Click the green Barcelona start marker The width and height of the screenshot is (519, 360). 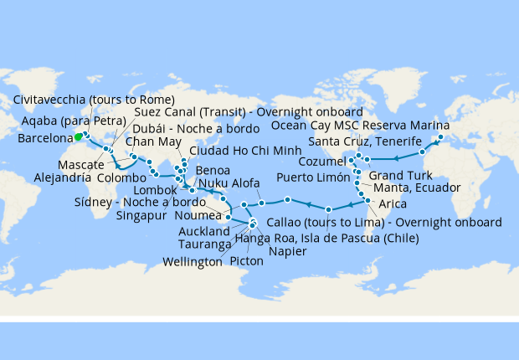click(78, 136)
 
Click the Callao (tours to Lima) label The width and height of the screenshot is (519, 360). click(384, 223)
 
